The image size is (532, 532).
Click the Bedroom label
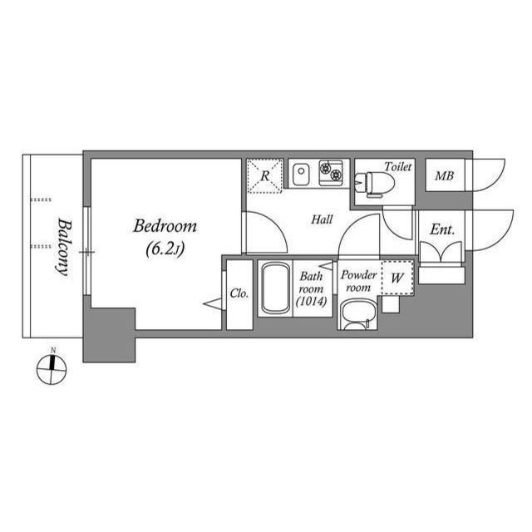click(165, 226)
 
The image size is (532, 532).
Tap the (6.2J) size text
click(165, 247)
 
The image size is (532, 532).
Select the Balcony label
click(62, 246)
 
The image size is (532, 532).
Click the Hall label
click(322, 220)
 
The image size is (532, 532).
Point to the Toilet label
click(398, 166)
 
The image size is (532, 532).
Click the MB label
click(444, 176)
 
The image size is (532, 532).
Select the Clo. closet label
click(239, 293)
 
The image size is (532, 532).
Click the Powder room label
click(358, 281)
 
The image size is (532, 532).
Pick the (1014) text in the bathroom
click(313, 303)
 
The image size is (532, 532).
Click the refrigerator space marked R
click(264, 176)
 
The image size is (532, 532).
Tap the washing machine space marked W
click(397, 278)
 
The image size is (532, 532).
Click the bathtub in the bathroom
click(274, 289)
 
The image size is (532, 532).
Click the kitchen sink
click(301, 175)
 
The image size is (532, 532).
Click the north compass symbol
click(52, 367)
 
